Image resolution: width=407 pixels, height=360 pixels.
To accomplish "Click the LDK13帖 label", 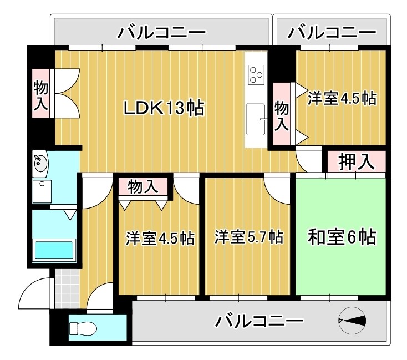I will pyautogui.click(x=164, y=108).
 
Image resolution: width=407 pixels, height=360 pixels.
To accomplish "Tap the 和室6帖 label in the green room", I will pyautogui.click(x=342, y=238).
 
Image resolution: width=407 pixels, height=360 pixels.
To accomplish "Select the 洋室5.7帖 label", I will pyautogui.click(x=249, y=238).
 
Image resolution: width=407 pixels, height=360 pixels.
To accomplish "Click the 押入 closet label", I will pyautogui.click(x=354, y=162).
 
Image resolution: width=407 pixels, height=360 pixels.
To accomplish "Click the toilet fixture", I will pyautogui.click(x=83, y=329).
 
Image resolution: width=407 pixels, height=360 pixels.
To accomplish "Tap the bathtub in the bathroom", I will pyautogui.click(x=54, y=251).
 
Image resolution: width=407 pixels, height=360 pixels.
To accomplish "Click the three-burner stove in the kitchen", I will pyautogui.click(x=256, y=74).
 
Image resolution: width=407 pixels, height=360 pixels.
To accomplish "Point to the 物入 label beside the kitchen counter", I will pyautogui.click(x=282, y=114).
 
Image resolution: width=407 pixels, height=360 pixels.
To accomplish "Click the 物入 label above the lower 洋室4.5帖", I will pyautogui.click(x=143, y=187).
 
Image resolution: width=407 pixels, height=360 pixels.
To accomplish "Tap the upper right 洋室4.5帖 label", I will pyautogui.click(x=342, y=99).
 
